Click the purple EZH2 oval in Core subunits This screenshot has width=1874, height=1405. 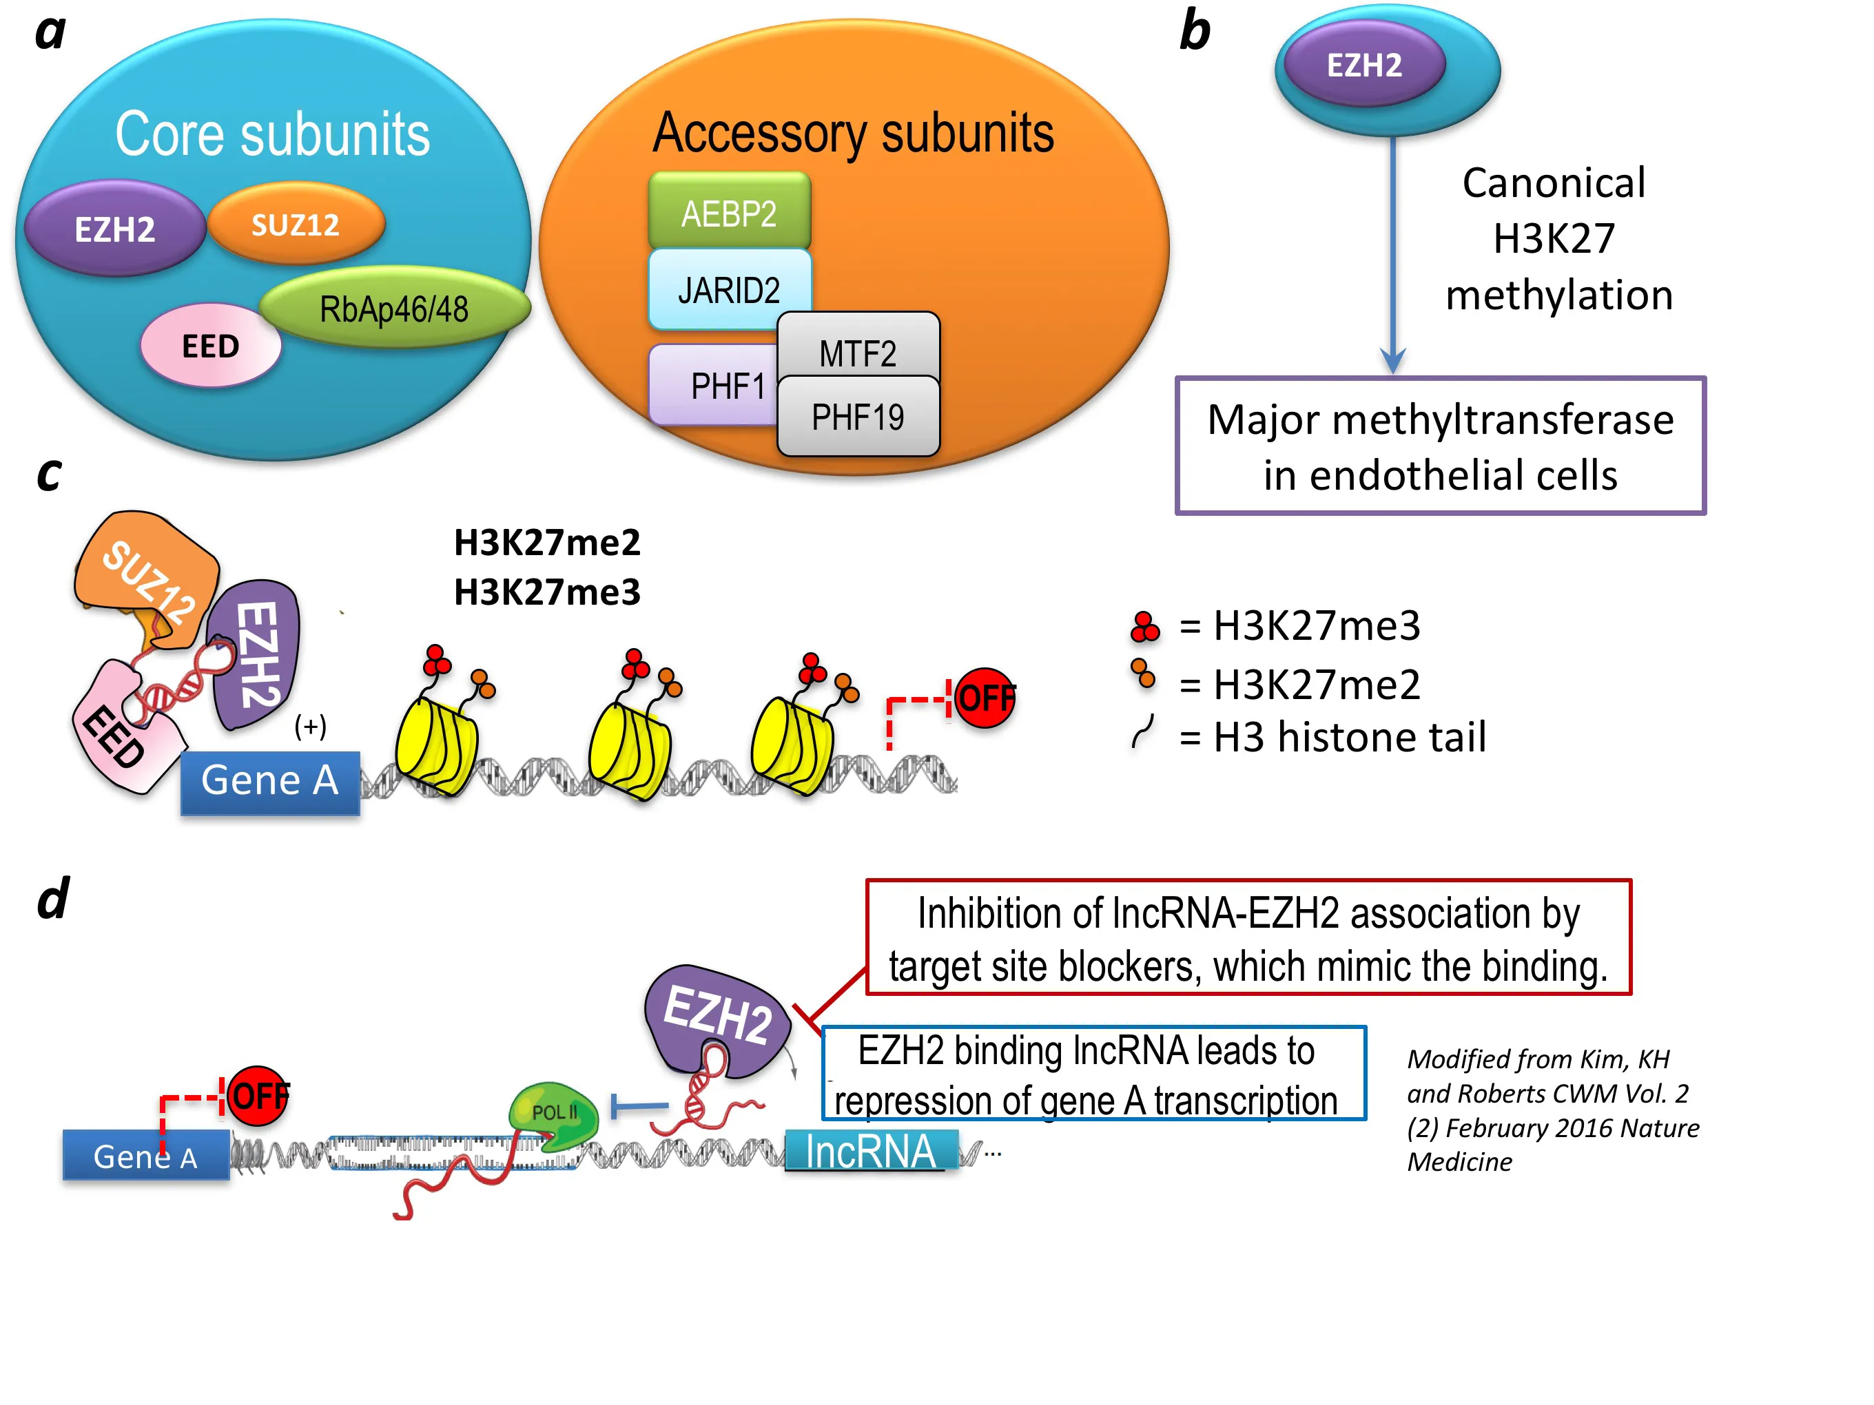114,229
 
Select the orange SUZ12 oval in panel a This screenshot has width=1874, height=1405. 296,225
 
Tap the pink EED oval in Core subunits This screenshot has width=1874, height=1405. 210,346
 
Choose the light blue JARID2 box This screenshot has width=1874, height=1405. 729,290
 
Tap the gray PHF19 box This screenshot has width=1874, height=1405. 857,417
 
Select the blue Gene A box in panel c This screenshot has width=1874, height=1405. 270,782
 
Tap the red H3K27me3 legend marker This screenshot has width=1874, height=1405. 1144,627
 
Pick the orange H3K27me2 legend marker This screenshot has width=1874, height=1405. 1143,674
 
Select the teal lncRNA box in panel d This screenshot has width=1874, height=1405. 870,1152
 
